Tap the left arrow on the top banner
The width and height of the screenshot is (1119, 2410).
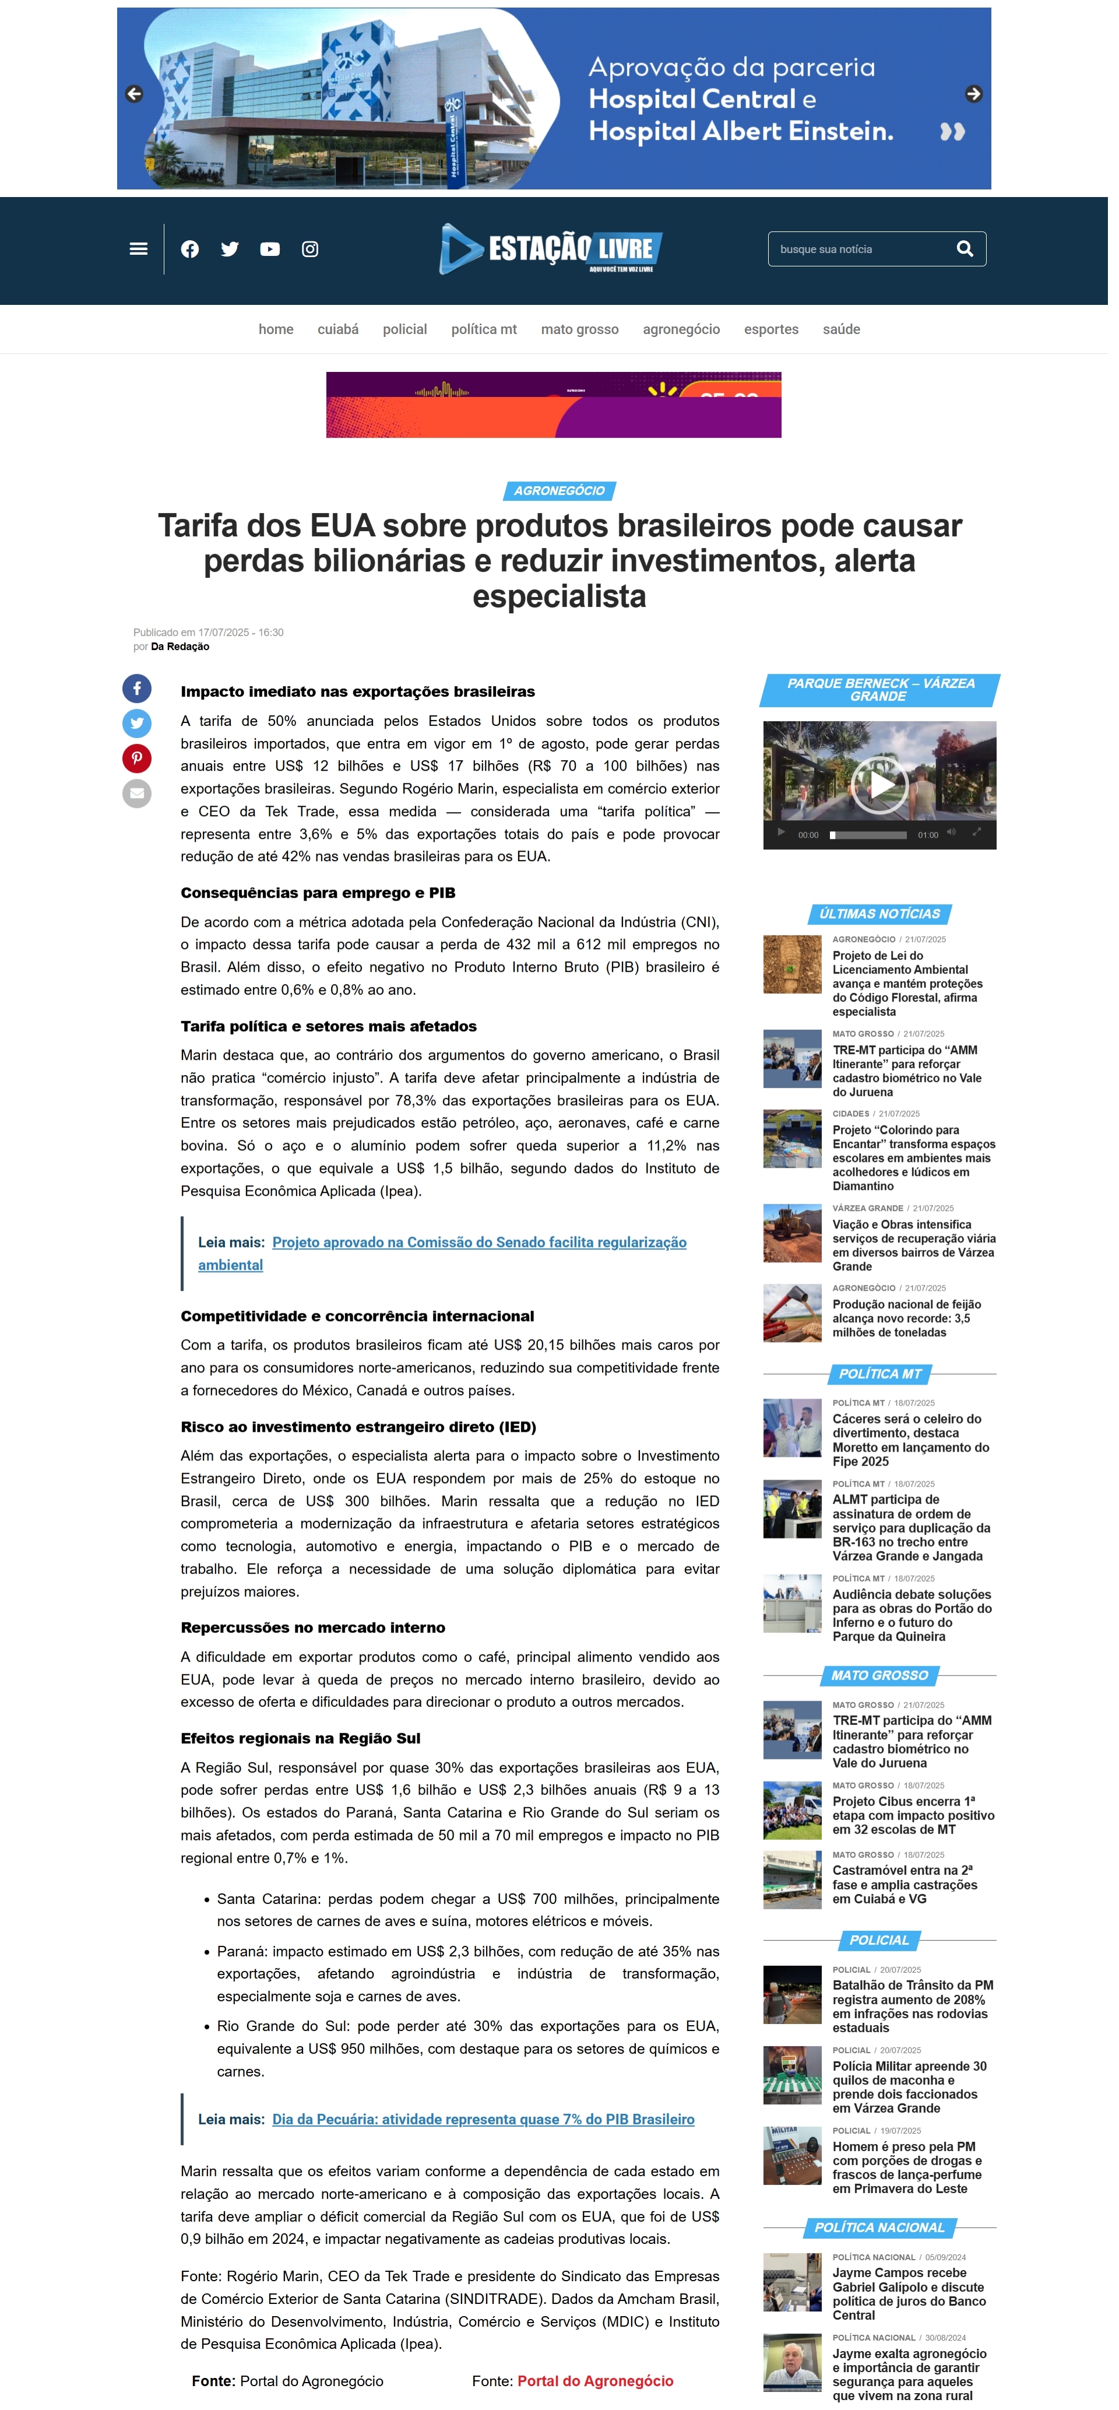pos(134,94)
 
